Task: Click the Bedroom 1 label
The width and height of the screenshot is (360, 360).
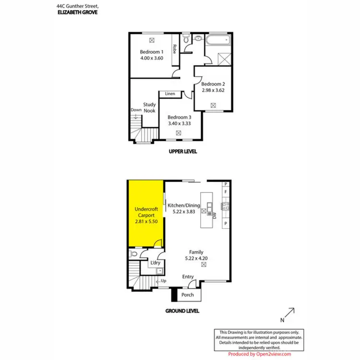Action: coord(152,51)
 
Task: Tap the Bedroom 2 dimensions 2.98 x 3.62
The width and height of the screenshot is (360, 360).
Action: coord(213,89)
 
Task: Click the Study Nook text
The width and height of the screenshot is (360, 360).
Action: coord(149,108)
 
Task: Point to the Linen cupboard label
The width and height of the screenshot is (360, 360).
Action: coord(170,94)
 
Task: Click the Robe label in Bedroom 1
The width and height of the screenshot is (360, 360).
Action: coord(175,49)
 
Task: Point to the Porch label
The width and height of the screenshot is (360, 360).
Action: coord(188,295)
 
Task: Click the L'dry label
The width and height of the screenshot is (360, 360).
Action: coord(156,263)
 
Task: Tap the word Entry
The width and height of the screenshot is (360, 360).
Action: coord(188,277)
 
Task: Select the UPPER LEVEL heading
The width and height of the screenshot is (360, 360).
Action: coord(182,152)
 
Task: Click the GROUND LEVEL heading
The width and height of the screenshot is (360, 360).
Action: coord(182,311)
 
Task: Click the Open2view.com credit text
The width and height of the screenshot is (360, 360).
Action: coord(260,354)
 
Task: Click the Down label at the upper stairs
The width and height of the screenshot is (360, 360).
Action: coord(136,110)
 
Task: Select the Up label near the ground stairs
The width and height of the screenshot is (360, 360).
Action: coord(164,281)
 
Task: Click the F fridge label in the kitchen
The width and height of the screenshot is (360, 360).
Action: coord(226,193)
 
